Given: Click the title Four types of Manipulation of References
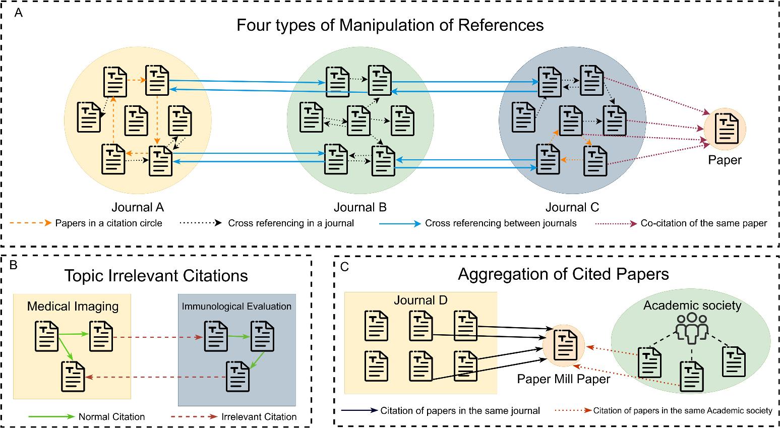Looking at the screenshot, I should pos(390,25).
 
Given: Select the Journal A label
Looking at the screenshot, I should pos(138,207).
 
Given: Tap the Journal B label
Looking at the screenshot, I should pos(360,207).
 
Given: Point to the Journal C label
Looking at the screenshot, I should pos(572,207).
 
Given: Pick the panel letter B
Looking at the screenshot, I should pos(14,265).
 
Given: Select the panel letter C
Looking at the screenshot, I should pos(345,267).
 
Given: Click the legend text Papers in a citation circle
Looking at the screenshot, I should pos(108,223).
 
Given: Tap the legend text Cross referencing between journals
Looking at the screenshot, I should pos(501,223).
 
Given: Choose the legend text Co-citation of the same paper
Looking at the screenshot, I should pos(704,223).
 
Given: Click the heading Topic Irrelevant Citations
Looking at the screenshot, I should pos(156,276).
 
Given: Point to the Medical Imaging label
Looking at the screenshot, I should pos(73,306).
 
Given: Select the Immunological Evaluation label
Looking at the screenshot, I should pos(236,306).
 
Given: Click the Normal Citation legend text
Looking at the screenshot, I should pos(111,417).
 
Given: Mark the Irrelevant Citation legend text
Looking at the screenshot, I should pos(259,417).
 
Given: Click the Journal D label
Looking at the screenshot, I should pos(421,300).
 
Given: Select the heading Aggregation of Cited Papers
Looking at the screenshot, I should pos(563,274).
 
